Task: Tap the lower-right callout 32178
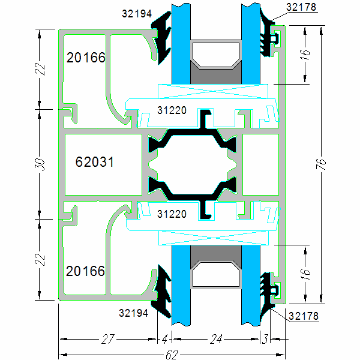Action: (304, 315)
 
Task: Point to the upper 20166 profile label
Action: (86, 58)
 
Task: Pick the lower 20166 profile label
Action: (86, 271)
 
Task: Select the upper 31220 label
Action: (171, 110)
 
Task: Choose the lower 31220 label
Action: (171, 213)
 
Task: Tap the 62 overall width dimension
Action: (170, 354)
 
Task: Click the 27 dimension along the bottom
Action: (108, 340)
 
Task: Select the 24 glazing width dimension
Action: (216, 340)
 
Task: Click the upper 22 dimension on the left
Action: (41, 68)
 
